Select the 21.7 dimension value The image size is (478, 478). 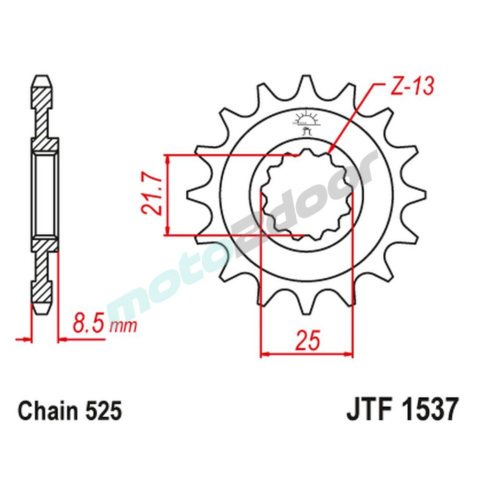[x=152, y=195]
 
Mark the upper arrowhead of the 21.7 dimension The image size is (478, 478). [x=167, y=159]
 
